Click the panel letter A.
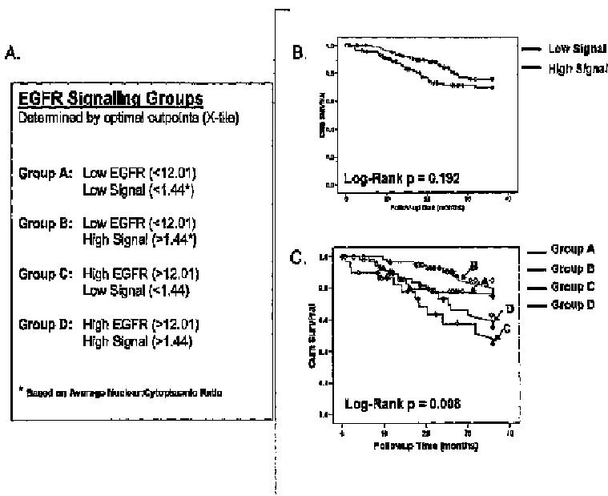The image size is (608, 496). (x=11, y=54)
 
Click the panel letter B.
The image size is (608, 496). (x=297, y=54)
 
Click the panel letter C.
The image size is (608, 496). (x=296, y=258)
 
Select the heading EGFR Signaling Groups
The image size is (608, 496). (x=111, y=99)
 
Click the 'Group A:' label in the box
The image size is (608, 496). (x=45, y=173)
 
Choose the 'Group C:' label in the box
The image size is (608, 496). (x=45, y=274)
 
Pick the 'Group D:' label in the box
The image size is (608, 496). (x=45, y=325)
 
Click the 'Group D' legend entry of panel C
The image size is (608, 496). (x=572, y=304)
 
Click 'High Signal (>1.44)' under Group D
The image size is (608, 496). (x=136, y=341)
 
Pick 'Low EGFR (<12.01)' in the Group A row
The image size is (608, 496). (x=139, y=173)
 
